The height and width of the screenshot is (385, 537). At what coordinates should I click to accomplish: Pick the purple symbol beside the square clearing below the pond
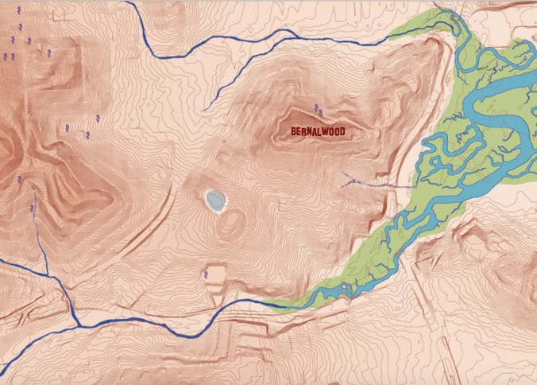coord(206,274)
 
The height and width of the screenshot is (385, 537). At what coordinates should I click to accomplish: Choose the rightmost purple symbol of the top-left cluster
coord(49,52)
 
